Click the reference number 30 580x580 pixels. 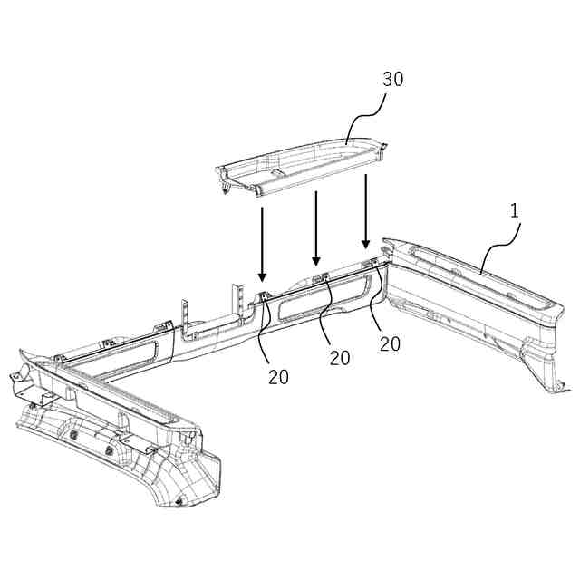click(391, 79)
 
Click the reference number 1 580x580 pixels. click(513, 211)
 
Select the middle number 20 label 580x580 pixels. click(340, 358)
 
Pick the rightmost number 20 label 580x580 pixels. click(390, 344)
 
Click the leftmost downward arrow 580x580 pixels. click(262, 243)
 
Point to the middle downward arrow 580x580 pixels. click(316, 227)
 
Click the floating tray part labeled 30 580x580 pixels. click(299, 166)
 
